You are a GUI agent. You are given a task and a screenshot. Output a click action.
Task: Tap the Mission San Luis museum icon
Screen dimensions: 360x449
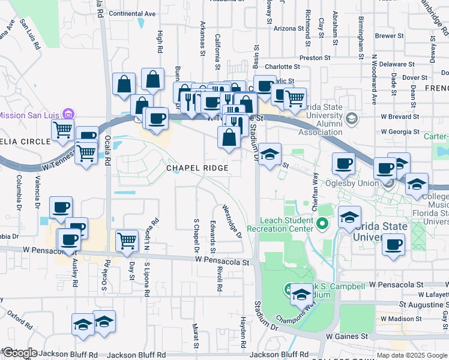(68, 114)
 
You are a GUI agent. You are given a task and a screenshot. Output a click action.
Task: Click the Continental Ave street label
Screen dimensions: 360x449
(132, 13)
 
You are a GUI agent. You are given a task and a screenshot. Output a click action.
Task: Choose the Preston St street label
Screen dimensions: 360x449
(315, 58)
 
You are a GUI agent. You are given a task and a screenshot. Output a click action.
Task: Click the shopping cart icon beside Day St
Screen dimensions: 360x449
(127, 241)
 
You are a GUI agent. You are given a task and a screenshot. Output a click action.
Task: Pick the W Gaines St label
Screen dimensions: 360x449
(346, 337)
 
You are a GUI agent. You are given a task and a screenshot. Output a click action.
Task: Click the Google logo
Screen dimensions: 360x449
(19, 353)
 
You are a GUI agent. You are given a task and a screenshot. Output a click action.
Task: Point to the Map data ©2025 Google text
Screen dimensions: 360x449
(412, 355)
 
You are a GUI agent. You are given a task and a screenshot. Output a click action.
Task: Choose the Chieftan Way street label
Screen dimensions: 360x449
(315, 187)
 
